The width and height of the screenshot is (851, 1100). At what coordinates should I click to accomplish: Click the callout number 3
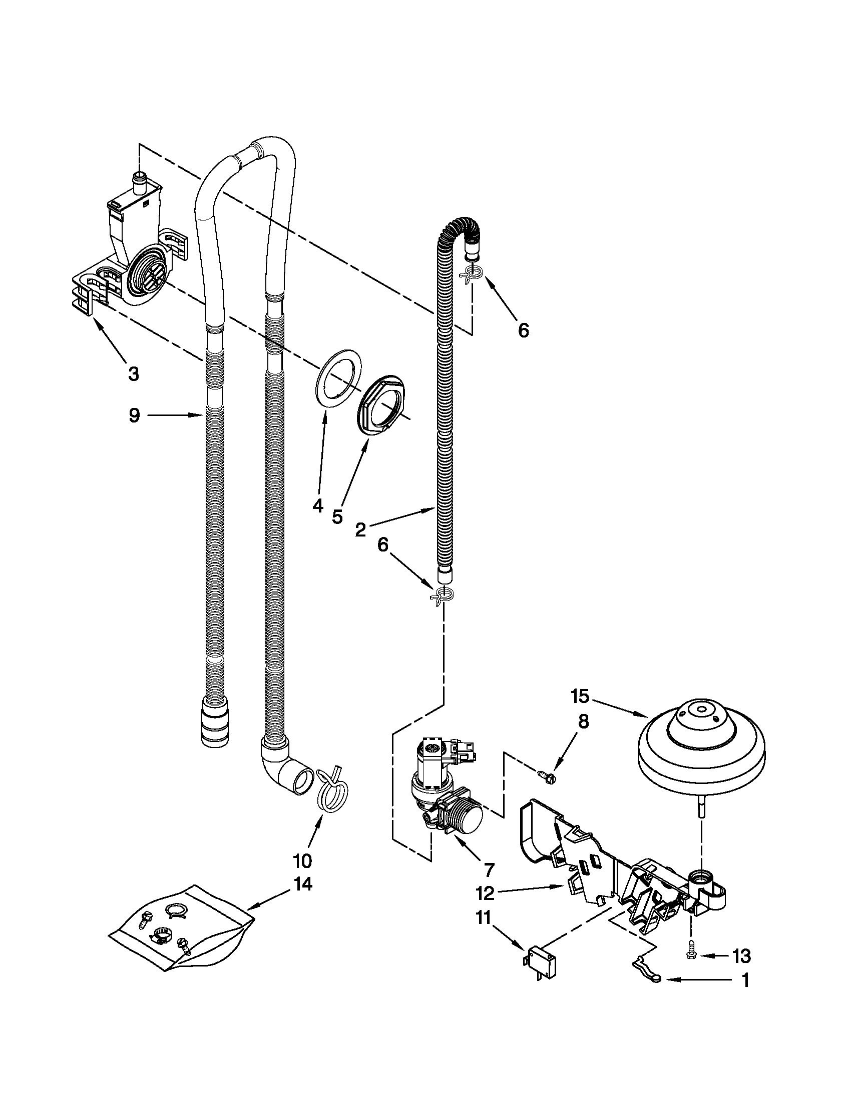[x=133, y=373]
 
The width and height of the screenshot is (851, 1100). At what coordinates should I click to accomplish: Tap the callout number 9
[x=134, y=415]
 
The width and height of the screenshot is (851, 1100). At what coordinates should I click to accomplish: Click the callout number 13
[x=741, y=955]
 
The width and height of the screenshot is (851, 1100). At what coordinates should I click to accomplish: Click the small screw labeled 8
[x=548, y=777]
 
